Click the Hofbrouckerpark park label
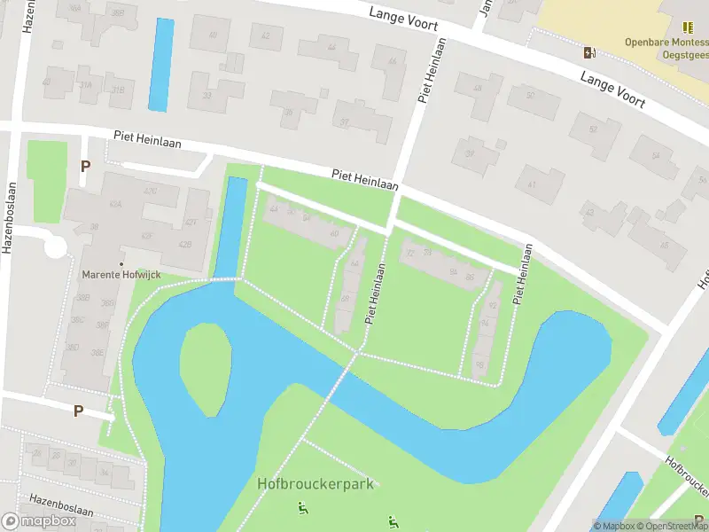pos(316,484)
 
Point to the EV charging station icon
pos(589,52)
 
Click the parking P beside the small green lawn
pos(85,165)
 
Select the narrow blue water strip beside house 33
pos(160,65)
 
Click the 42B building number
pos(185,244)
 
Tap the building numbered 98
pos(479,364)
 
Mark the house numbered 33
pos(207,95)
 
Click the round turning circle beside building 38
pos(55,246)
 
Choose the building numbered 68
pos(345,298)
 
